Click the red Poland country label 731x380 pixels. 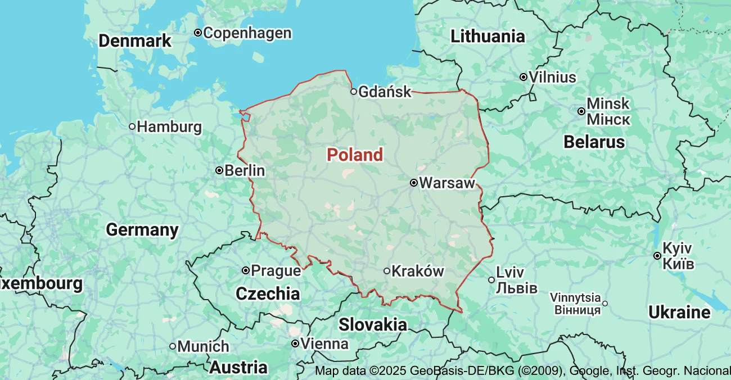point(355,155)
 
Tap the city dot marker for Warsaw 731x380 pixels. point(413,183)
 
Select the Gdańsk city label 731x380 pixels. point(385,91)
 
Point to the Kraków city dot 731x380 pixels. point(387,271)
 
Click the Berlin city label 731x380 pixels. point(245,170)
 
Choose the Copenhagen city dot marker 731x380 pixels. point(198,33)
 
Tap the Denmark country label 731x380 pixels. point(135,41)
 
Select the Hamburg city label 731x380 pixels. point(169,126)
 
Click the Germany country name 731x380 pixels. point(142,230)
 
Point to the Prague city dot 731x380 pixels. point(246,270)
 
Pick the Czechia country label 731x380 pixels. point(268,293)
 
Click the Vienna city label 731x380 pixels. point(324,343)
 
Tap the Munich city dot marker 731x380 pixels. point(173,346)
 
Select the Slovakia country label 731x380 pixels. point(373,324)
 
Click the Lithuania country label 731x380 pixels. point(488,37)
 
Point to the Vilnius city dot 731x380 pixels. point(524,77)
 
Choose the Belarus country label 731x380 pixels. point(594,142)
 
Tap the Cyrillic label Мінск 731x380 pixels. point(608,120)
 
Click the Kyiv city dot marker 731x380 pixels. point(657,256)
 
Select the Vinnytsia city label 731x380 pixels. point(575,297)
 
